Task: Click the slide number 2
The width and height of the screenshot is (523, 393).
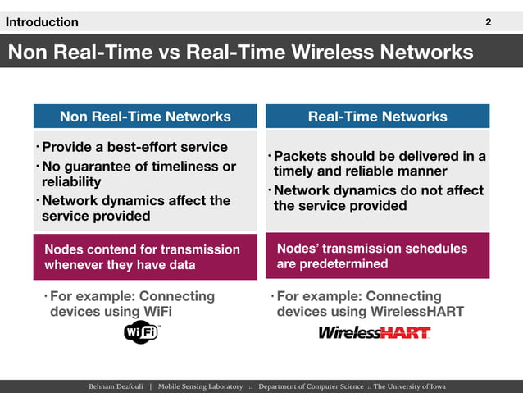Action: pyautogui.click(x=489, y=22)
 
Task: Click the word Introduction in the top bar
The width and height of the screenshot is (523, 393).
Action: pyautogui.click(x=42, y=22)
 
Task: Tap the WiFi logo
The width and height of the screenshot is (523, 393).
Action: pyautogui.click(x=141, y=331)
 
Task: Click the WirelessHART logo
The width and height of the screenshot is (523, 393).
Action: pyautogui.click(x=374, y=332)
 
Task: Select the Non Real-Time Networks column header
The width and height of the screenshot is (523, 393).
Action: pyautogui.click(x=145, y=117)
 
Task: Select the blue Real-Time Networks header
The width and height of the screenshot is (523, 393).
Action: pyautogui.click(x=377, y=117)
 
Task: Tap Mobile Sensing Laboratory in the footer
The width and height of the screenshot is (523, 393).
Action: pyautogui.click(x=200, y=386)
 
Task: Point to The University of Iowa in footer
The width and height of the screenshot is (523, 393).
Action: pyautogui.click(x=410, y=386)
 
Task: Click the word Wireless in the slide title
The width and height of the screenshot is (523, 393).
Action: pyautogui.click(x=341, y=53)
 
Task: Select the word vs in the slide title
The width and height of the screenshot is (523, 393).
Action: pyautogui.click(x=169, y=53)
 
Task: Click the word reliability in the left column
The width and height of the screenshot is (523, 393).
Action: pyautogui.click(x=71, y=182)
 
